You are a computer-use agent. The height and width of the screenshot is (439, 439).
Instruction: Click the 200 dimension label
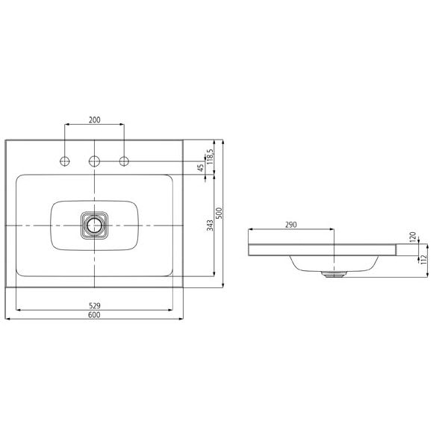coord(95,119)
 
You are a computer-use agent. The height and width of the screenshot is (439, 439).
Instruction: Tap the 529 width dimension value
coord(95,305)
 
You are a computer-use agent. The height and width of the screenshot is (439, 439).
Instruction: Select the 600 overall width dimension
coord(94,315)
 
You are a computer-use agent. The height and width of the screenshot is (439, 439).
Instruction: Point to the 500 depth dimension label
coord(219,214)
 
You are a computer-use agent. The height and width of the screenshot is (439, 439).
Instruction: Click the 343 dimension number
coord(210,225)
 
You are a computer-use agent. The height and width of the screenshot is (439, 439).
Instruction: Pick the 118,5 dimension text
coord(210,157)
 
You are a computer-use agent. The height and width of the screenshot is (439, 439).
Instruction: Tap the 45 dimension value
coord(201,168)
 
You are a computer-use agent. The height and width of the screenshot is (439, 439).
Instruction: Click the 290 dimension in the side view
coord(291,225)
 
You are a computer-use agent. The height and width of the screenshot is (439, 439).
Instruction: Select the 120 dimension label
coord(413,237)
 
